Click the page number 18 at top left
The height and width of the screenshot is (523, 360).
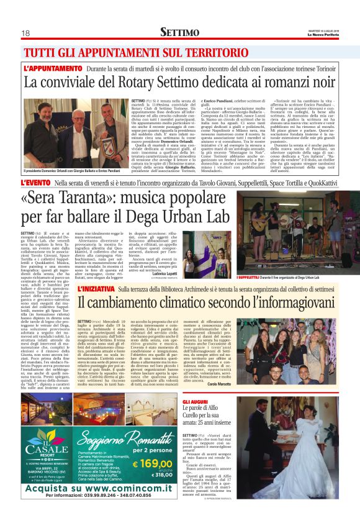pyautogui.click(x=26, y=32)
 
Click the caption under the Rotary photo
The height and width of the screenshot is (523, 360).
pyautogui.click(x=73, y=171)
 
